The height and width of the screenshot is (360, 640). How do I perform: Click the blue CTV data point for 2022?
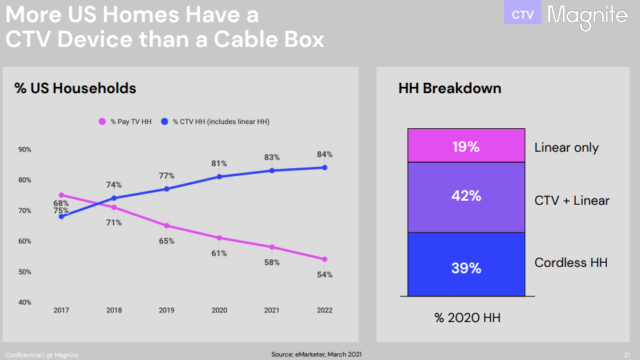[325, 168]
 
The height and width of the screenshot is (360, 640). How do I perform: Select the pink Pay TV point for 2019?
[167, 226]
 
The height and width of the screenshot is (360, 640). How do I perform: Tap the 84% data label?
[325, 154]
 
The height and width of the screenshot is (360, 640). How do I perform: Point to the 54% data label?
[325, 274]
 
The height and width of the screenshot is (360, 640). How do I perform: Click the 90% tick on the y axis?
[24, 150]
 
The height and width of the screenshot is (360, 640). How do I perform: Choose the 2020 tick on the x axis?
[219, 310]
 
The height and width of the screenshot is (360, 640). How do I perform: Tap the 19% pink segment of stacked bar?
[466, 146]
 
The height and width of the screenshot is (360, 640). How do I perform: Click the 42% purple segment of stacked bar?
[466, 197]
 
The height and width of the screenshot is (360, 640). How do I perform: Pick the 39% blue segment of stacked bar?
[466, 268]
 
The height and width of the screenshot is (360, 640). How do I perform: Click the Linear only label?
[566, 148]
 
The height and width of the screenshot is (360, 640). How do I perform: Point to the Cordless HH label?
[571, 263]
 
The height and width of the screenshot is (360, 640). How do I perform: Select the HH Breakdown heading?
[450, 88]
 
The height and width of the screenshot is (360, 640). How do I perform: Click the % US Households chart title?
[75, 88]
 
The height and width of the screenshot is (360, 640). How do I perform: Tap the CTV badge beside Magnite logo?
[522, 14]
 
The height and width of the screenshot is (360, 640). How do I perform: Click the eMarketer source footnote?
[316, 354]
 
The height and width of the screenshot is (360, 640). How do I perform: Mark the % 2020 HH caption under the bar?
[467, 318]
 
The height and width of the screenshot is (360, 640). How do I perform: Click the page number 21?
[627, 354]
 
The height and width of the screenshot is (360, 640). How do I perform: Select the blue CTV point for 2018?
[114, 198]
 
